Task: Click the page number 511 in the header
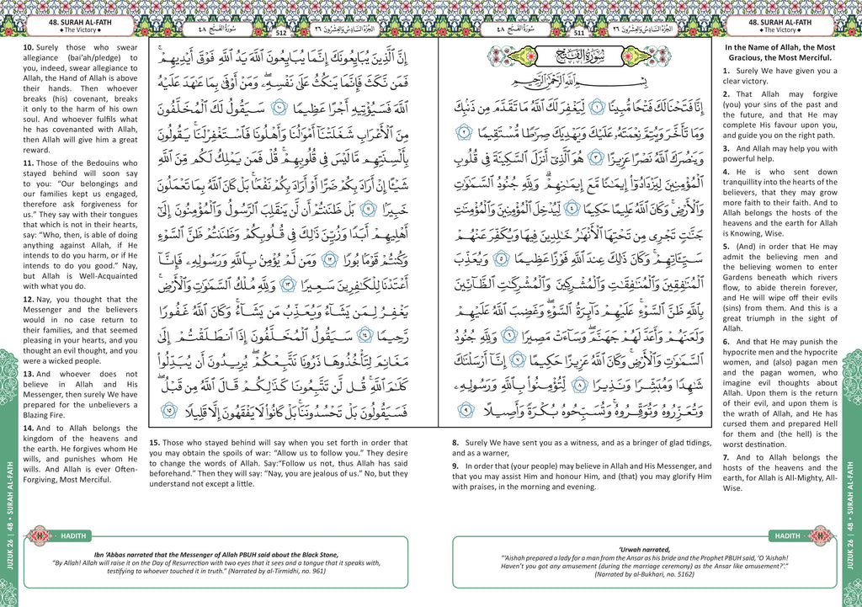579,33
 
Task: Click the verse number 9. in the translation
455,466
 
